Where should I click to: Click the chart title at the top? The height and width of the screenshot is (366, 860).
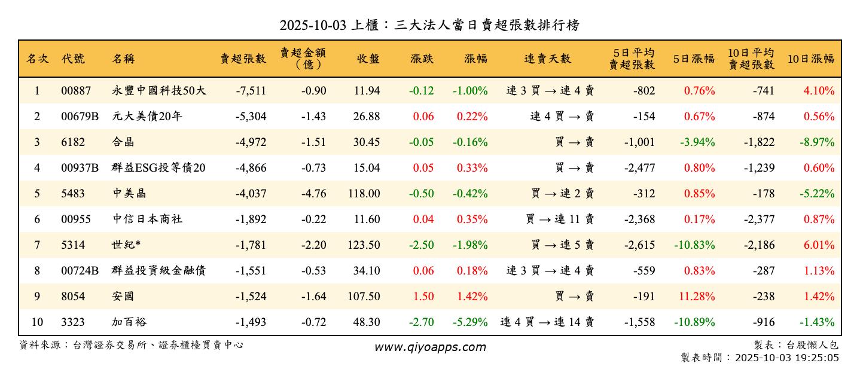pos(429,25)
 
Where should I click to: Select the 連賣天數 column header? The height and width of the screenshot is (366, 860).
pos(547,59)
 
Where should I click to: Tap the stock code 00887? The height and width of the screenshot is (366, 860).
pos(76,91)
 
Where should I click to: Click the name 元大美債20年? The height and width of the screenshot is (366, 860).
pos(147,117)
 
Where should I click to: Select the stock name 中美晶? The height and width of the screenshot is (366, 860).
pos(129,194)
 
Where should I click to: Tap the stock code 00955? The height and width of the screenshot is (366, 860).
pos(76,219)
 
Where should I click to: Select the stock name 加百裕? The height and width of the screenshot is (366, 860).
pos(129,322)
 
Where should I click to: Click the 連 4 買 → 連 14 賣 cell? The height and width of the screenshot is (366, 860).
pos(547,322)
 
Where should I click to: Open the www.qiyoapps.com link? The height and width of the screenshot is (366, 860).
pos(430,347)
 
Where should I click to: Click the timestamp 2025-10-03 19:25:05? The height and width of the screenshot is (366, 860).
pos(786,358)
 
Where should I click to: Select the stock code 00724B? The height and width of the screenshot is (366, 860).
pos(80,271)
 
